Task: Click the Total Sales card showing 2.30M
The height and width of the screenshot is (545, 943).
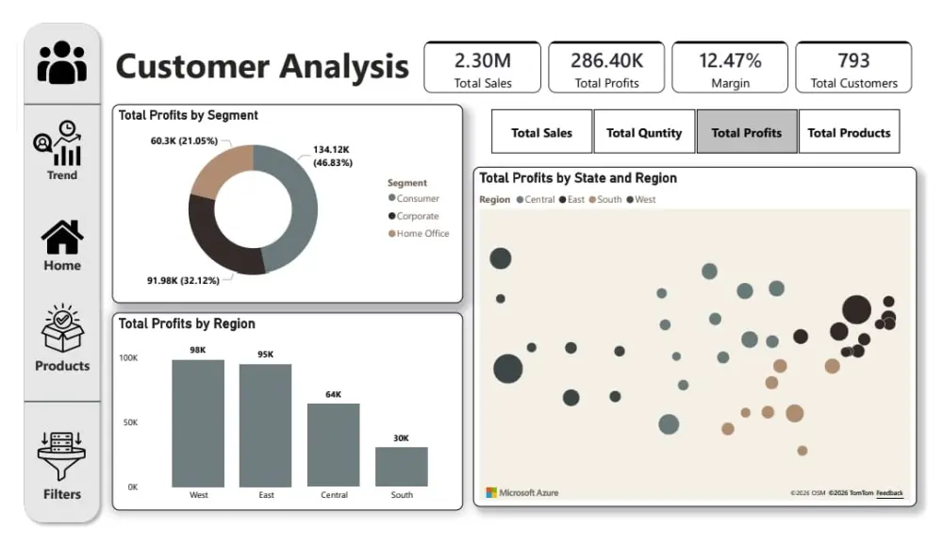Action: tap(483, 68)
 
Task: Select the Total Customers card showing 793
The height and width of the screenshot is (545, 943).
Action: tap(853, 68)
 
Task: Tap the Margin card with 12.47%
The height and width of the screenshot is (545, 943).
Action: tap(730, 68)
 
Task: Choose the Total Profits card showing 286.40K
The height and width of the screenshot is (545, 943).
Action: tap(606, 68)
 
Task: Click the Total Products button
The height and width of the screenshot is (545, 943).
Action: tap(849, 132)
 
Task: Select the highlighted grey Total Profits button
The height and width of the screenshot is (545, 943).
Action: tap(746, 132)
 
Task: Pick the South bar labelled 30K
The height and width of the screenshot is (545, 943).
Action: tap(402, 466)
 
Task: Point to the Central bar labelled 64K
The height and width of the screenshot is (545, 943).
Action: tap(333, 444)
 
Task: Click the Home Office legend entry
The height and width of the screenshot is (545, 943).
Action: tap(422, 234)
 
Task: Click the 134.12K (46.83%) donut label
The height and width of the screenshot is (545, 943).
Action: tap(332, 156)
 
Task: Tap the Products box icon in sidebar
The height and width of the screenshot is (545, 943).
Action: tap(62, 330)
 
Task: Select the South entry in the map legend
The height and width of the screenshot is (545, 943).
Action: tap(607, 200)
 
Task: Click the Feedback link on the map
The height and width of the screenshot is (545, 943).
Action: tap(889, 493)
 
